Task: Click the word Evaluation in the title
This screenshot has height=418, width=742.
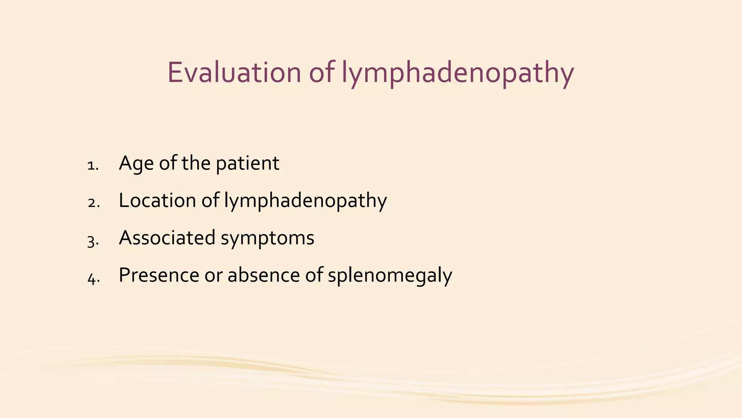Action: [234, 73]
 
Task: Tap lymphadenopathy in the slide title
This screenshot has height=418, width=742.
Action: [458, 74]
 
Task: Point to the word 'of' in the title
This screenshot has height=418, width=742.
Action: [321, 73]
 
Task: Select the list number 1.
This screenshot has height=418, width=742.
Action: [93, 166]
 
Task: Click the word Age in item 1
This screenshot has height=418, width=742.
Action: [136, 164]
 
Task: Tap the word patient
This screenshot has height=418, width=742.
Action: [247, 164]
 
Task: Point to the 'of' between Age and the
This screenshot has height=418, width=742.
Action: [168, 163]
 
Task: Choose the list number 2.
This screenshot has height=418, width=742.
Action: [93, 203]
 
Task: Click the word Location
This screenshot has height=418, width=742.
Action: [157, 200]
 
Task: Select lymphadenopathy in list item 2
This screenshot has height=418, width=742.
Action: [305, 202]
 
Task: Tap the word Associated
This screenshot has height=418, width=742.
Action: [167, 238]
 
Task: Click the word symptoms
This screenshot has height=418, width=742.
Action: [267, 239]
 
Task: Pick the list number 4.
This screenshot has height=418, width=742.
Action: [93, 278]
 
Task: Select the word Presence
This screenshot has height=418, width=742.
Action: [159, 275]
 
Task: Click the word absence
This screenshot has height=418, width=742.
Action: [264, 275]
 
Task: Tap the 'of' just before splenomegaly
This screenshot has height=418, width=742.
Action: [314, 275]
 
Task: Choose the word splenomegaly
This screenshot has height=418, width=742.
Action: [390, 276]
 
